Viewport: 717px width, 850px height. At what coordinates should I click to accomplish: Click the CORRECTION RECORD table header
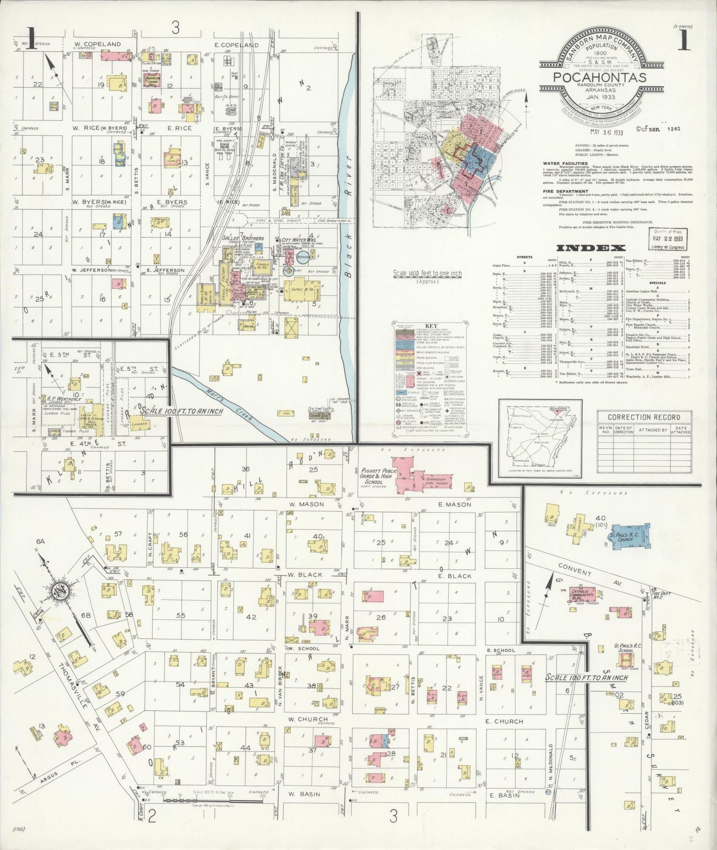click(644, 417)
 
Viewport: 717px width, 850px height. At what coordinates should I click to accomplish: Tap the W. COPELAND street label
click(98, 44)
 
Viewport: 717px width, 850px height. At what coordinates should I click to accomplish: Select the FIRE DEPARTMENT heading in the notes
click(565, 191)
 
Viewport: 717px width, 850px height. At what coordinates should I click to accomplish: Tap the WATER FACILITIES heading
click(565, 163)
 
